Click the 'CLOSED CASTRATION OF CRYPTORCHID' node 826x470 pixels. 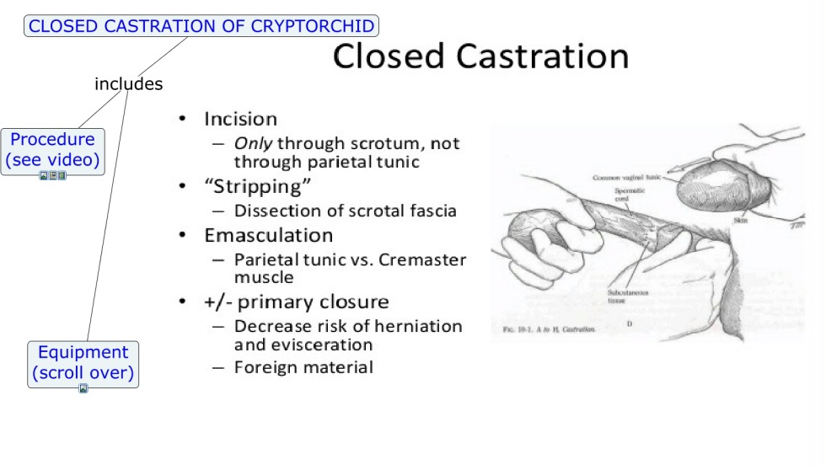click(x=201, y=26)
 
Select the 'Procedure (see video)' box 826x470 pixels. click(x=52, y=150)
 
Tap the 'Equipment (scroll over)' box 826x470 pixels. click(x=83, y=363)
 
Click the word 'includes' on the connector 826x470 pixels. click(x=128, y=84)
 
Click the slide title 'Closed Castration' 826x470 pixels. click(x=480, y=56)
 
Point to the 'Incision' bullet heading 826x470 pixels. click(x=240, y=119)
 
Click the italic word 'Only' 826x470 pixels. click(x=253, y=144)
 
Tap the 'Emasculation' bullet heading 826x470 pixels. click(x=268, y=235)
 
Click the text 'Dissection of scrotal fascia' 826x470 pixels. click(x=345, y=211)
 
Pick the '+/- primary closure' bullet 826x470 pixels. click(x=296, y=302)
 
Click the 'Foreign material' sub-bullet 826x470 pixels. click(x=303, y=367)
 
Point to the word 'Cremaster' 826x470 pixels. click(x=422, y=259)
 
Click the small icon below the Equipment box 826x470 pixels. click(x=83, y=389)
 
